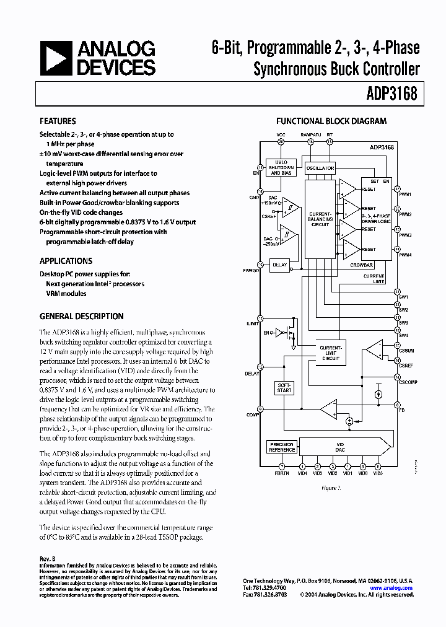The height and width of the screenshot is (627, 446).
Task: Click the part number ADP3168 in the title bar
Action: [x=393, y=95]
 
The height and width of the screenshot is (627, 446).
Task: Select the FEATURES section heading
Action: [x=58, y=121]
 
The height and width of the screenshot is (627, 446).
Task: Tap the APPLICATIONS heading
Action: [x=66, y=261]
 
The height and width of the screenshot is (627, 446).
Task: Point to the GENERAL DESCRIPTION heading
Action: [x=81, y=316]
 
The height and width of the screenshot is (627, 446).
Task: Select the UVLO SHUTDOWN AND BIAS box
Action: [x=280, y=167]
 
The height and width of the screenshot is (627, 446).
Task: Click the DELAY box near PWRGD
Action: [x=280, y=265]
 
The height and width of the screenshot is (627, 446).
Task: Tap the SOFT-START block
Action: [x=284, y=388]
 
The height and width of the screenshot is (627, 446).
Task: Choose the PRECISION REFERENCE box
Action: [x=282, y=447]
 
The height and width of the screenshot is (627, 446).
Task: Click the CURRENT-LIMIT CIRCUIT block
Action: [x=330, y=353]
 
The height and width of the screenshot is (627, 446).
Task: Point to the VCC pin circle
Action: [x=281, y=142]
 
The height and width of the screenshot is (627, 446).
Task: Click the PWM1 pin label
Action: [x=405, y=194]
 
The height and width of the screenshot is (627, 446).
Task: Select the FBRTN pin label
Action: [x=282, y=473]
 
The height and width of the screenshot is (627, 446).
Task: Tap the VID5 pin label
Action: [x=378, y=473]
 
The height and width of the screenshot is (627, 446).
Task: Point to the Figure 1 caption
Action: [x=331, y=488]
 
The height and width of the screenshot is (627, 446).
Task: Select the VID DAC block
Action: [x=339, y=447]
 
